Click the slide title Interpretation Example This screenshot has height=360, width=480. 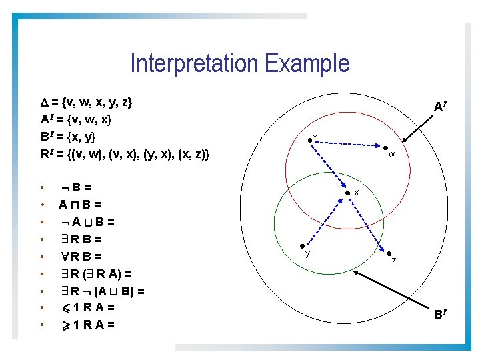240,63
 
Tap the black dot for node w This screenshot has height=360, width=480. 385,147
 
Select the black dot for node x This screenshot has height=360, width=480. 347,194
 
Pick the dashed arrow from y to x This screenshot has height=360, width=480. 325,220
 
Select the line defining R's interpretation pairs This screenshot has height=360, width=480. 125,155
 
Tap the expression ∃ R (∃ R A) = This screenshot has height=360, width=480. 97,273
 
